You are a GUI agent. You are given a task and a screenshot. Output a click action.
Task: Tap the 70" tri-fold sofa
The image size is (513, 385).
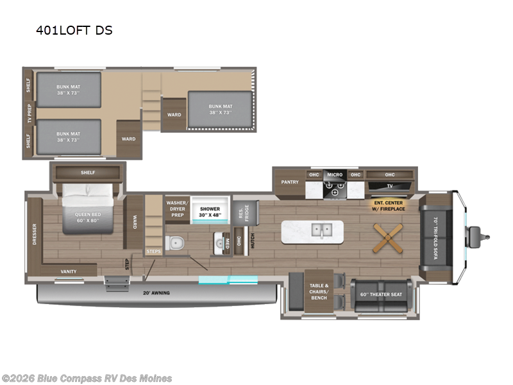[x=436, y=238]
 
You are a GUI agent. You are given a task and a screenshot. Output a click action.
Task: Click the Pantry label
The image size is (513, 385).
[x=290, y=182]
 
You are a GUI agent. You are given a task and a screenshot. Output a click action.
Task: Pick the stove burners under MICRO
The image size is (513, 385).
[x=335, y=189]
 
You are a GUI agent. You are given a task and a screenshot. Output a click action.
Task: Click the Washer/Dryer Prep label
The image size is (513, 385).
[x=176, y=207]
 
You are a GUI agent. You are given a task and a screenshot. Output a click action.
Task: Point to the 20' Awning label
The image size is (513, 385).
[x=157, y=293]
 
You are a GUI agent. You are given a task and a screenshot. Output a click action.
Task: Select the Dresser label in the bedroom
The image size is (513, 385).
[x=34, y=234]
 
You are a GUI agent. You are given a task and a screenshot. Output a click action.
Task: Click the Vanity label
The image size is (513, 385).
[x=69, y=271]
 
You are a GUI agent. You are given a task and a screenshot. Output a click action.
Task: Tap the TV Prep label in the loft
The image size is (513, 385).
[x=29, y=113]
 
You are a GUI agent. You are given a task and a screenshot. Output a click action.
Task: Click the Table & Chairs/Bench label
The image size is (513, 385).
[x=319, y=293]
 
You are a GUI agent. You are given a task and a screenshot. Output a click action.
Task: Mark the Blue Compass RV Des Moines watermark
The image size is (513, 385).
[x=87, y=378]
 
